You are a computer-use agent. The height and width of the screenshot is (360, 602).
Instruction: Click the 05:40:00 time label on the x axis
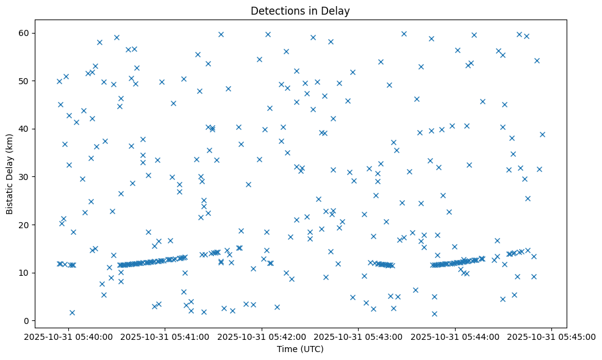point(68,336)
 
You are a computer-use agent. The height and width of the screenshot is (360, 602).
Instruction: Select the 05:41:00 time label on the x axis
point(165,336)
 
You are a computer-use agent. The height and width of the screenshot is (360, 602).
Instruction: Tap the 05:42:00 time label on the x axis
point(262,336)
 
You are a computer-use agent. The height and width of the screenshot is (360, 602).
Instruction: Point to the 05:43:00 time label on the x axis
point(359,336)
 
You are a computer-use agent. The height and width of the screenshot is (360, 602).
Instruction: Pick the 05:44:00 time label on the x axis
point(456,336)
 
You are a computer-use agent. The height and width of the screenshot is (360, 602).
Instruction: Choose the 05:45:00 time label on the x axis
point(552,336)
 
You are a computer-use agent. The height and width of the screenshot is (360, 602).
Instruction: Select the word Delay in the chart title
point(338,11)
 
